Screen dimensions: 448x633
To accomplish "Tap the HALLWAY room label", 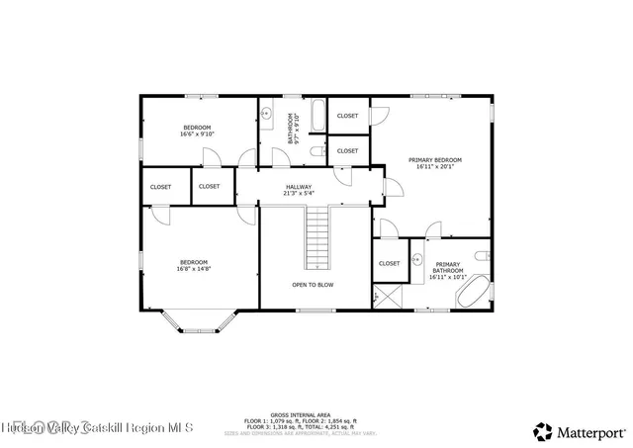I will tap(299, 187).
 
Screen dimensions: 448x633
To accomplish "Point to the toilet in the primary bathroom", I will tap(482, 256).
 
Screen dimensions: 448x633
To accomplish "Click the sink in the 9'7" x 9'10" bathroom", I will tap(267, 114).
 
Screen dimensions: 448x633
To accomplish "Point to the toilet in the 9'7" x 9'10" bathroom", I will tap(315, 151).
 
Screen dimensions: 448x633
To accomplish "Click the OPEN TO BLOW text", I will tap(313, 285).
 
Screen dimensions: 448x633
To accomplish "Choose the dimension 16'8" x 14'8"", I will tap(193, 268).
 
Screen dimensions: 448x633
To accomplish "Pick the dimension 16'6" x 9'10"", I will tap(197, 134).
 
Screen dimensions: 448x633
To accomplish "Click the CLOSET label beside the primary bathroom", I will tap(389, 263).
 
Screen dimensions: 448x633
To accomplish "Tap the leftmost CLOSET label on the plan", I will tap(160, 186).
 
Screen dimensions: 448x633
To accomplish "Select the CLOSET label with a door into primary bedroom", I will tap(347, 116).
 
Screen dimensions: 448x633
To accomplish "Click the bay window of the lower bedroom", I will tap(199, 321).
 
